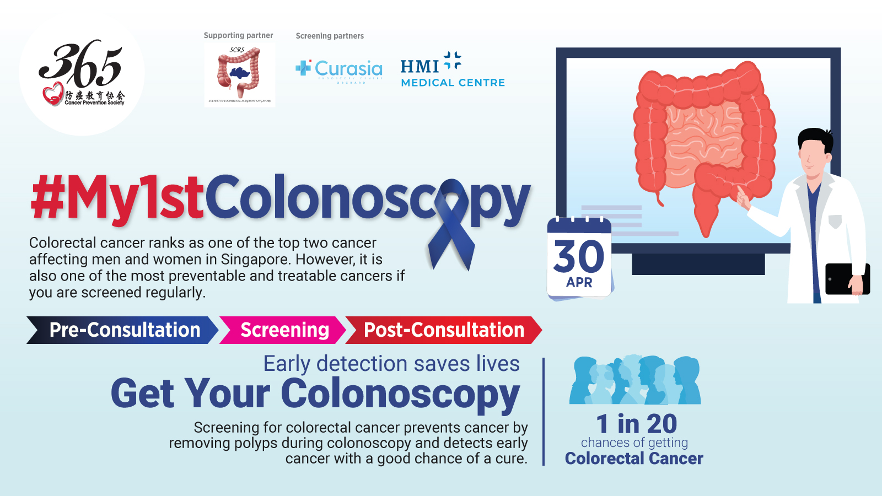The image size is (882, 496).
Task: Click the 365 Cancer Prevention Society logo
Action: click(x=82, y=73)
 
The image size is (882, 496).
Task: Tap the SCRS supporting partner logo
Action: click(x=239, y=75)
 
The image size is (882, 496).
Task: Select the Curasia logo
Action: click(x=340, y=70)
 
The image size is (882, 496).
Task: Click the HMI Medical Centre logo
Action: click(x=452, y=71)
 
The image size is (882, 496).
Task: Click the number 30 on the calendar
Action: click(x=579, y=256)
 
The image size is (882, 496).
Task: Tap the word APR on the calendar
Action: click(x=579, y=282)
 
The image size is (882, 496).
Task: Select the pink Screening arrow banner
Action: click(x=283, y=330)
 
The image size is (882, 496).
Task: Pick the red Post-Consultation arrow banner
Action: click(x=443, y=330)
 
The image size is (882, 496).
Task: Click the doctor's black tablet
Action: click(x=846, y=278)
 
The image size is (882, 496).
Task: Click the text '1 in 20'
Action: click(x=636, y=424)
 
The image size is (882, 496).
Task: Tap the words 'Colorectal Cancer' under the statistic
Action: click(x=634, y=459)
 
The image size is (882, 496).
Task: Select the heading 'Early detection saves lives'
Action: click(x=391, y=364)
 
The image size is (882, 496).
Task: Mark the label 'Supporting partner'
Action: click(x=238, y=35)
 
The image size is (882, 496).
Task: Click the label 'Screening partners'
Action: click(x=330, y=36)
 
